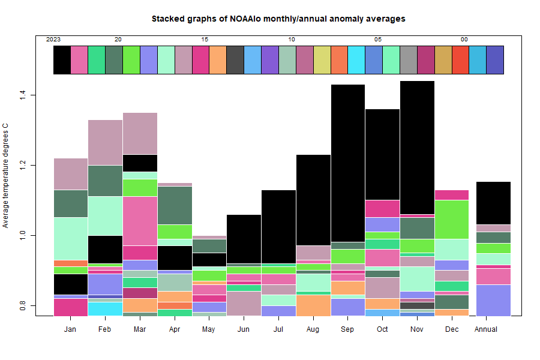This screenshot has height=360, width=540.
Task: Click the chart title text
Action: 278,19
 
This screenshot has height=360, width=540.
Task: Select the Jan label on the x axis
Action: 70,329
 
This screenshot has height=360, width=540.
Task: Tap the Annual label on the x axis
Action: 485,329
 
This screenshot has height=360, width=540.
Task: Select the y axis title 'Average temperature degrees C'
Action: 6,176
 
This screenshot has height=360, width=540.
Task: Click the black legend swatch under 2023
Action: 62,60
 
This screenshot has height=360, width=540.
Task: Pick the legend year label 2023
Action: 53,40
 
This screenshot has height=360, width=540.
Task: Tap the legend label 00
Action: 464,40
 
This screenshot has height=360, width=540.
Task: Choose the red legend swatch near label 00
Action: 460,60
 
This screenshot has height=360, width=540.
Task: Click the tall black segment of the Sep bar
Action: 348,162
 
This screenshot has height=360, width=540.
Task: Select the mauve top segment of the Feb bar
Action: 105,142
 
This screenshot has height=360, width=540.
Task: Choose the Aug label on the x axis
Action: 313,329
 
